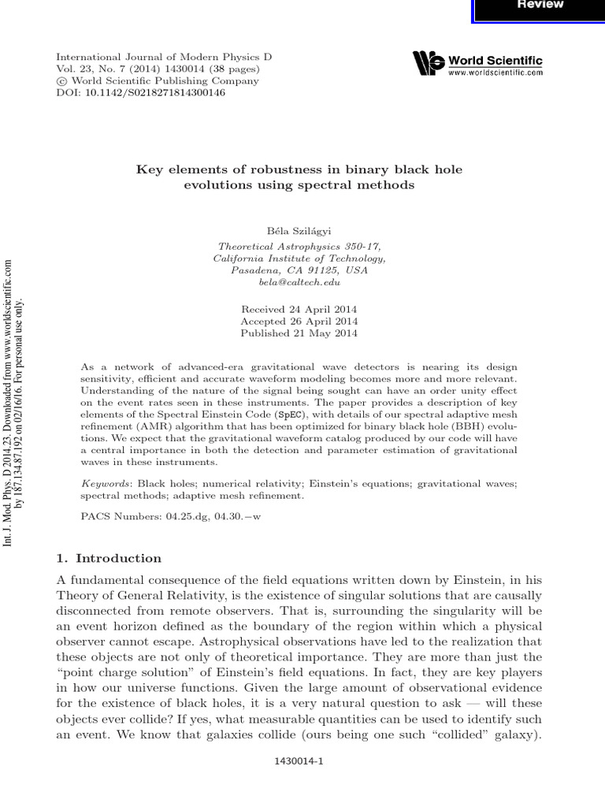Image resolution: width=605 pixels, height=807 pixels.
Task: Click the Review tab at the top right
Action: coord(540,5)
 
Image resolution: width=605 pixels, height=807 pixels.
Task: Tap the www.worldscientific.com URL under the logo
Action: coord(496,73)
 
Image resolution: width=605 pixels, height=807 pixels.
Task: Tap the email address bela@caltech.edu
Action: coord(299,281)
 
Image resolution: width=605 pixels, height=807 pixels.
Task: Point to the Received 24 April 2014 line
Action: coord(299,308)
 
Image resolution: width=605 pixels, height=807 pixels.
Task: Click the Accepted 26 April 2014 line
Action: coord(299,321)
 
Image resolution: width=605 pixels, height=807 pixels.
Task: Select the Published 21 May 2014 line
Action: coord(299,333)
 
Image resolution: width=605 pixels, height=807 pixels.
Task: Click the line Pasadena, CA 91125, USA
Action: coord(299,270)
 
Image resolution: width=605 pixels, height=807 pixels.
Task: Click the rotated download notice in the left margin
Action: coord(15,402)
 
